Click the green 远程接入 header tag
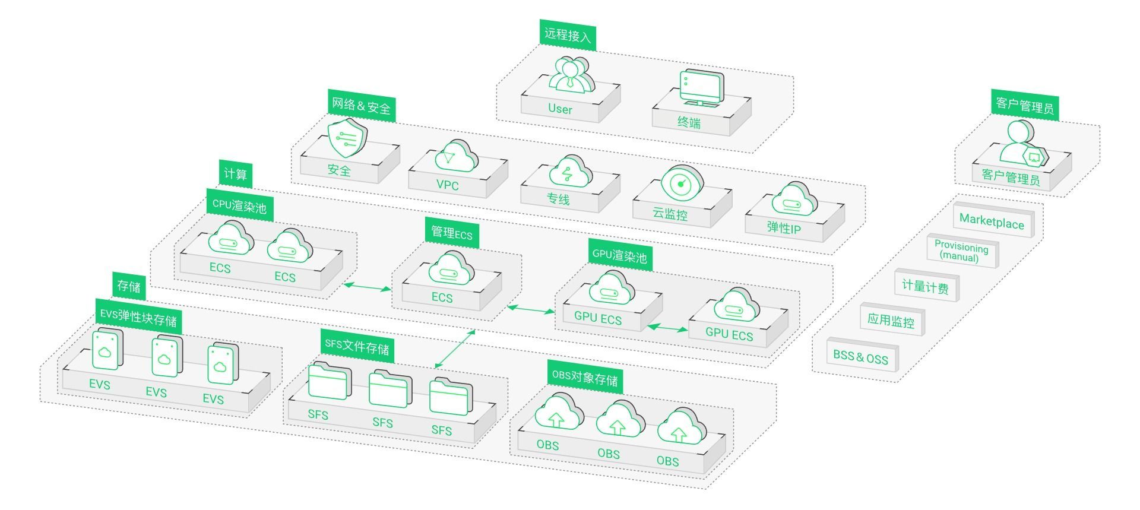pos(568,35)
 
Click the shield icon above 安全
pos(347,138)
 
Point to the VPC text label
pos(448,185)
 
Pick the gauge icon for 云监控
pos(682,183)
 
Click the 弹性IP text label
pos(784,228)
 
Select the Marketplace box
pos(992,221)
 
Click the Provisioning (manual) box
pos(961,252)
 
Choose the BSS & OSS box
pos(861,357)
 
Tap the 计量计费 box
pos(925,287)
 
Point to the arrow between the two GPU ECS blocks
pos(667,328)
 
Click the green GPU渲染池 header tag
pos(619,255)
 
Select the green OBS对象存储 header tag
pos(585,378)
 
